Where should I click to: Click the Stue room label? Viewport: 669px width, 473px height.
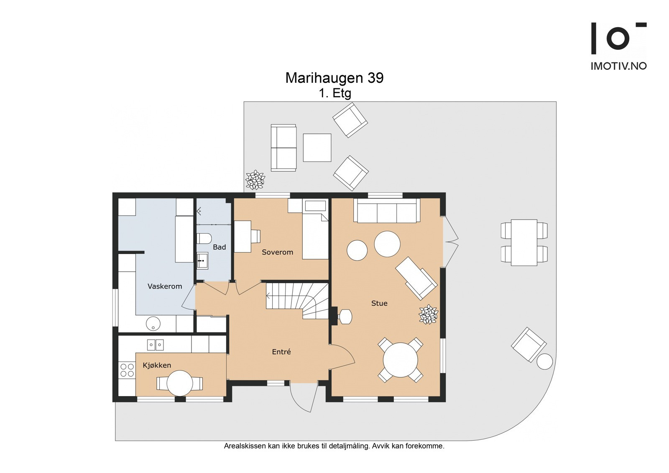click(379, 303)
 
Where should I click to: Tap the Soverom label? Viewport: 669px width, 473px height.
click(278, 252)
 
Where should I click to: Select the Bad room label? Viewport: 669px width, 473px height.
click(219, 247)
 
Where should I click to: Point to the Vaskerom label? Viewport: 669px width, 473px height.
click(165, 286)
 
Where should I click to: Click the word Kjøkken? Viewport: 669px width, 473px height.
click(157, 365)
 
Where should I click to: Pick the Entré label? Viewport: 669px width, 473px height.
click(281, 352)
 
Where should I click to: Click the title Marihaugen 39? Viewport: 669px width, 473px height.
click(334, 78)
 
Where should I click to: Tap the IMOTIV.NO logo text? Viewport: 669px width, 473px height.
click(618, 66)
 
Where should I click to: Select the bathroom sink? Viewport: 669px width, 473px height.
click(202, 261)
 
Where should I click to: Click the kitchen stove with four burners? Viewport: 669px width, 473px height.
click(127, 370)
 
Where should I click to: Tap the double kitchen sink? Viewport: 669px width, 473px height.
click(155, 345)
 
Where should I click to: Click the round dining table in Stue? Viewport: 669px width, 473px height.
click(401, 360)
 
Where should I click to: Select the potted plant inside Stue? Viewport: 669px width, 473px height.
click(429, 314)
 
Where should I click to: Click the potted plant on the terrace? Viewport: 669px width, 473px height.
click(255, 180)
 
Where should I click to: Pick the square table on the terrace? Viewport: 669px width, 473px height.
click(317, 148)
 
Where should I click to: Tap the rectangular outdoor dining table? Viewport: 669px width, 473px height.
click(524, 243)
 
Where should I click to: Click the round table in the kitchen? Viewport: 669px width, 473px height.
click(180, 383)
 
